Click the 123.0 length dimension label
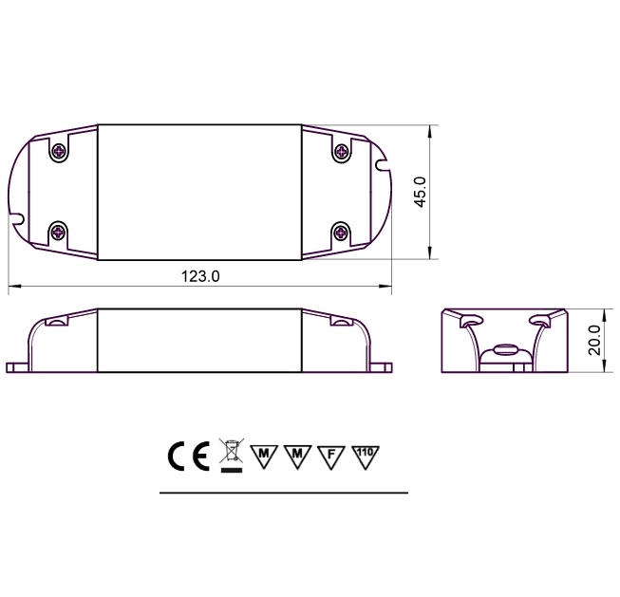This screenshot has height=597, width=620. pos(200,276)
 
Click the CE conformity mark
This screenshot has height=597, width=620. pos(188,457)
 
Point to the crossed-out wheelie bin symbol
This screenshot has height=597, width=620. pos(229,456)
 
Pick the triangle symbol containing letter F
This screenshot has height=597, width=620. pos(330,455)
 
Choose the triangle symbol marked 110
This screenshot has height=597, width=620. pos(365,455)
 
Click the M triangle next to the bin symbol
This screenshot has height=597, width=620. pos(263,455)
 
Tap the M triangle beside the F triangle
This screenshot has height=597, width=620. pos(297,455)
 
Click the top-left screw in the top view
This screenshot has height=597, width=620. pos(59,150)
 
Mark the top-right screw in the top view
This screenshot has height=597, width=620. pos(342,150)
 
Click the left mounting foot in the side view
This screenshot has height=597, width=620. pos(18,366)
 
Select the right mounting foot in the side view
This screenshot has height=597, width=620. pos(381,366)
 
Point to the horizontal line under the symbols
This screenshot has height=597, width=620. pos(283,494)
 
